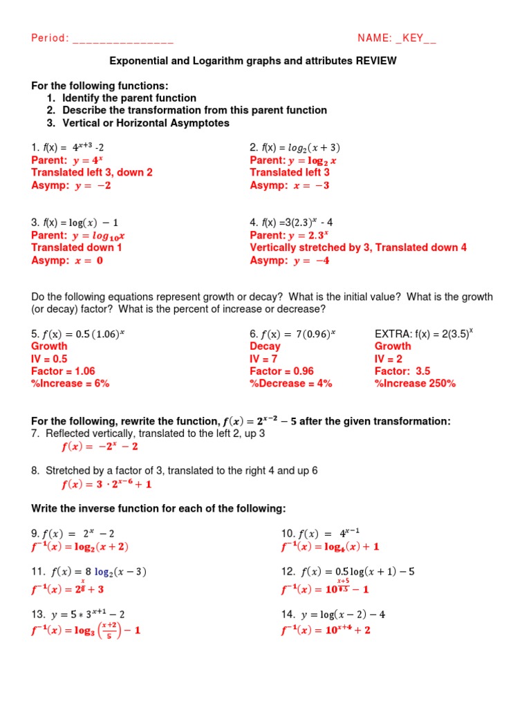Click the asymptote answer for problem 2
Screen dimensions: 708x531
coord(290,185)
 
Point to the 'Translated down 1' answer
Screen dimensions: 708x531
coord(77,247)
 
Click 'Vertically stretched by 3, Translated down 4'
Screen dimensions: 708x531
coord(358,247)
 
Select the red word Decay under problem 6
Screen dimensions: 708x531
coord(265,346)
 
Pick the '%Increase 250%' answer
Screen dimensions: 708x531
coord(415,383)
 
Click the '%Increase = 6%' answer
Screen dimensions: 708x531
coord(71,383)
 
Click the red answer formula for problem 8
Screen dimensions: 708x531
coord(106,484)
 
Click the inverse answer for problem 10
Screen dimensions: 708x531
coord(330,546)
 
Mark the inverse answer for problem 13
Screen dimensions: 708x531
coord(86,631)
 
